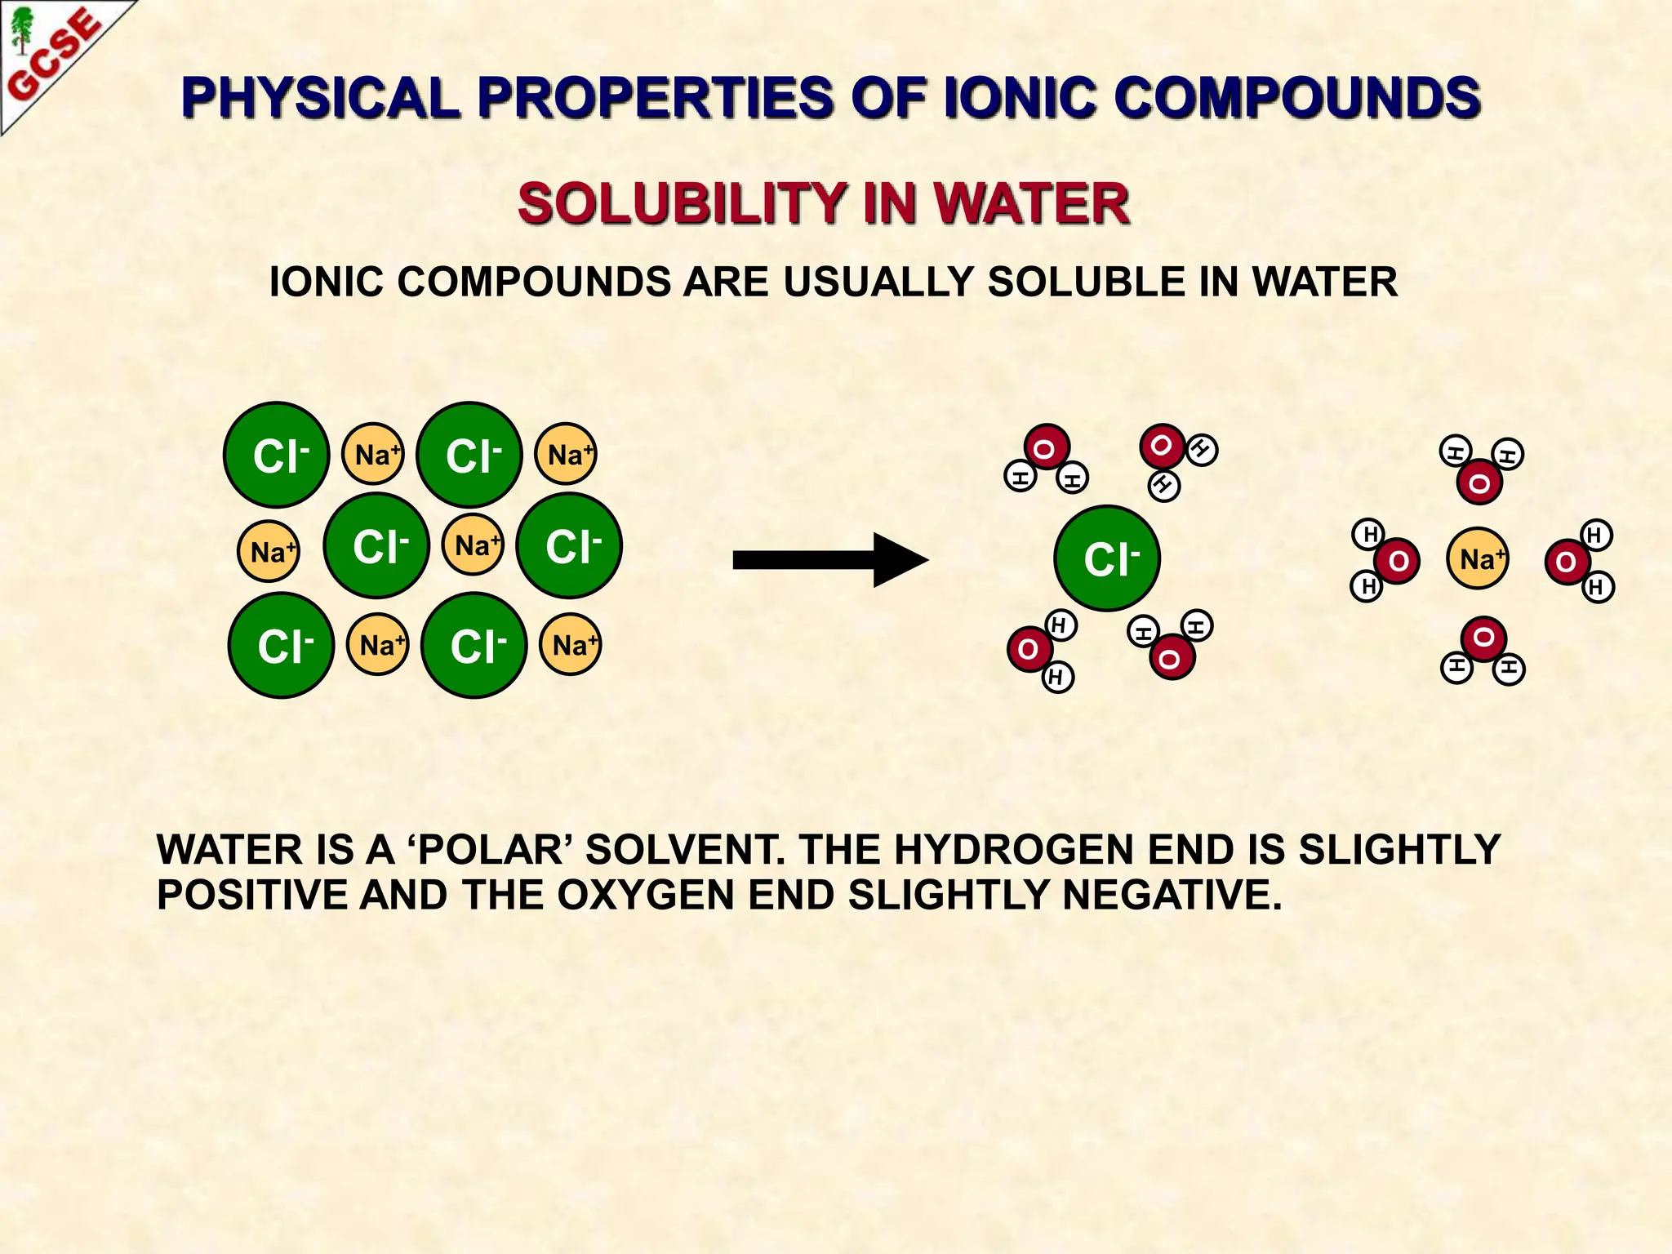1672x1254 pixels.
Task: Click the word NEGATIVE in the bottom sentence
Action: (1172, 895)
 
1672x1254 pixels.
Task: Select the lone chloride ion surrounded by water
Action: (1107, 558)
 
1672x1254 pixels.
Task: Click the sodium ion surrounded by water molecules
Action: (1478, 559)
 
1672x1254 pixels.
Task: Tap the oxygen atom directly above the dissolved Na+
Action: (1479, 482)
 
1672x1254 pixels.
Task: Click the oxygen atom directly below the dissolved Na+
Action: (1483, 638)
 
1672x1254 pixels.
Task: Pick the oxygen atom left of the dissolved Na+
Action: (1397, 561)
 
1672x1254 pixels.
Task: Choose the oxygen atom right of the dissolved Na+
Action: (1566, 562)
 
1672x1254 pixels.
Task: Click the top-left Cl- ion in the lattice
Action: (277, 455)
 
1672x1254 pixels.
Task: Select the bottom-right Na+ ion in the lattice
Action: (571, 645)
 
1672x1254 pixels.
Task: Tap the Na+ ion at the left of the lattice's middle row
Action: (269, 552)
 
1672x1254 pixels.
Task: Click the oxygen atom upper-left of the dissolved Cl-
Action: (1046, 447)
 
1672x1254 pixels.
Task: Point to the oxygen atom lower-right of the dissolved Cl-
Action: (1172, 657)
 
